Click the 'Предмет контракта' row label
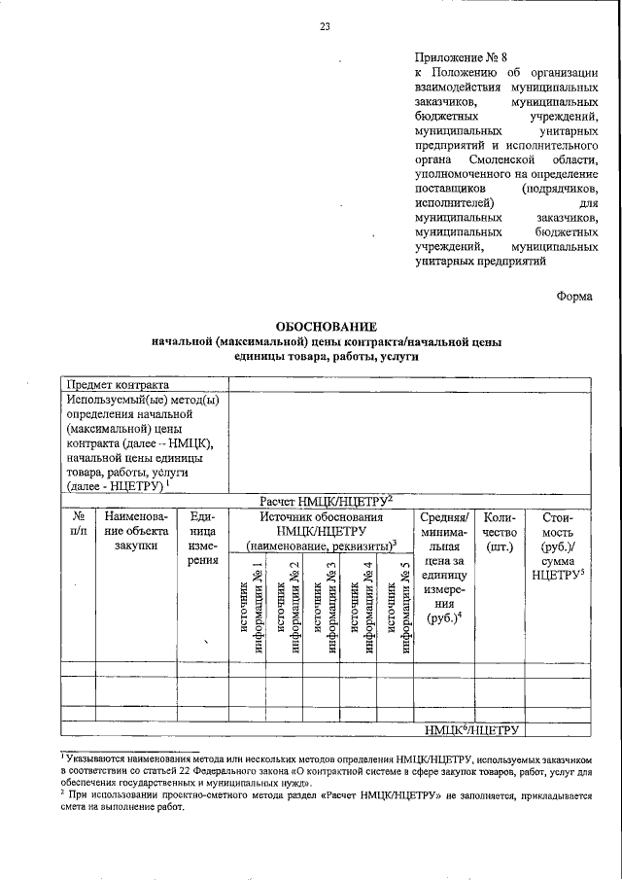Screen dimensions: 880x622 point(117,383)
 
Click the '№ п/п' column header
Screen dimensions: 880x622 point(78,524)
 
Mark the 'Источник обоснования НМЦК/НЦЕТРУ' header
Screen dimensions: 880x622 point(322,531)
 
